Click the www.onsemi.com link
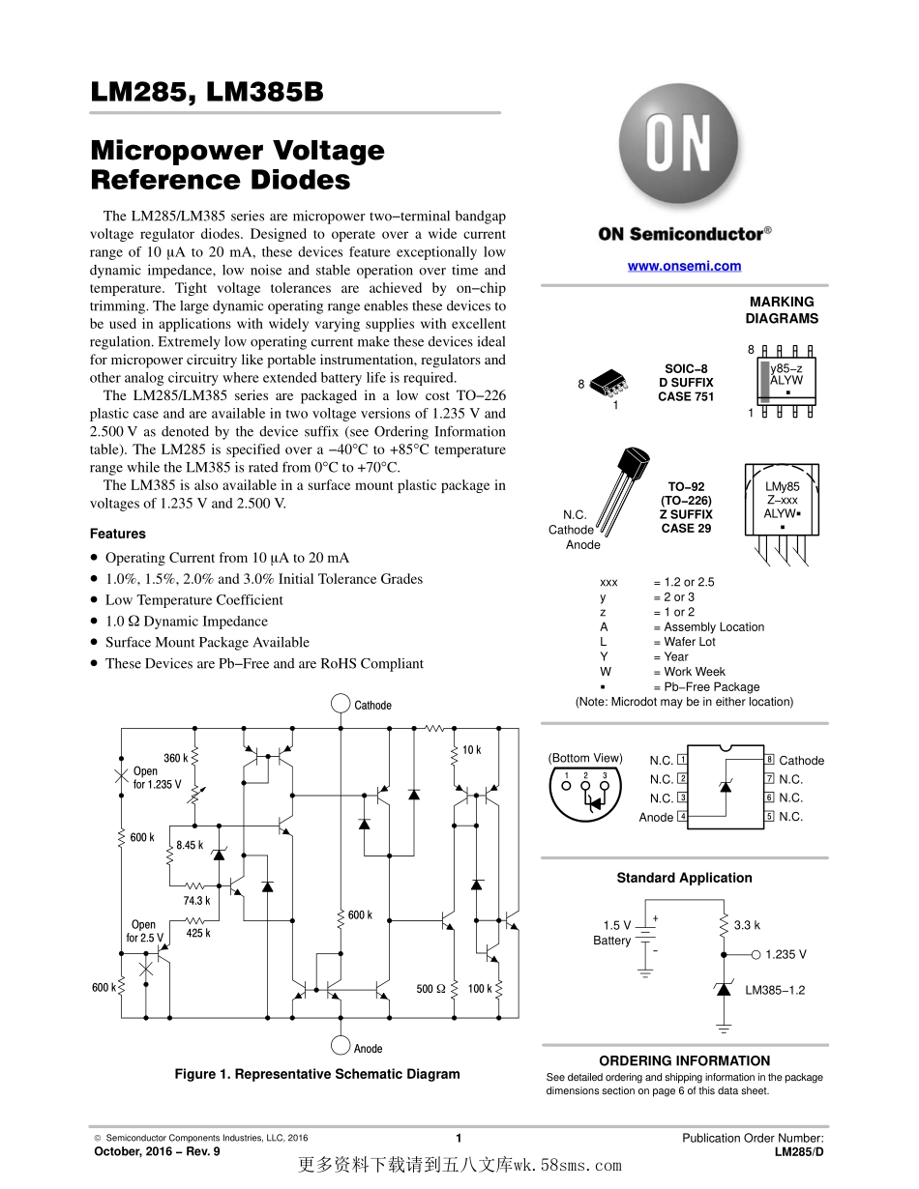click(x=684, y=266)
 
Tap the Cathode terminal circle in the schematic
click(x=340, y=704)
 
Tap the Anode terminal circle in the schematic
click(x=340, y=1046)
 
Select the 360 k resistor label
click(x=175, y=758)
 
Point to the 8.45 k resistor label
click(x=190, y=845)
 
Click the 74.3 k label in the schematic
click(x=196, y=900)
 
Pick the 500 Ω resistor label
click(x=431, y=989)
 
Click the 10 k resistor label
click(x=471, y=750)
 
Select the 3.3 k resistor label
click(x=747, y=925)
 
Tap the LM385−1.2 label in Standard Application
click(x=775, y=990)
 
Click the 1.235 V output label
click(x=786, y=954)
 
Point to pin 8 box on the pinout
click(x=770, y=760)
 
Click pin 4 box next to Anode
click(x=683, y=817)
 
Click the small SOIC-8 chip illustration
click(x=608, y=382)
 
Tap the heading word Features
click(x=118, y=534)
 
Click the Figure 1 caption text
click(x=317, y=1074)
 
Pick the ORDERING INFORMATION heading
click(x=684, y=1060)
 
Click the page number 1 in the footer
click(x=459, y=1138)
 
